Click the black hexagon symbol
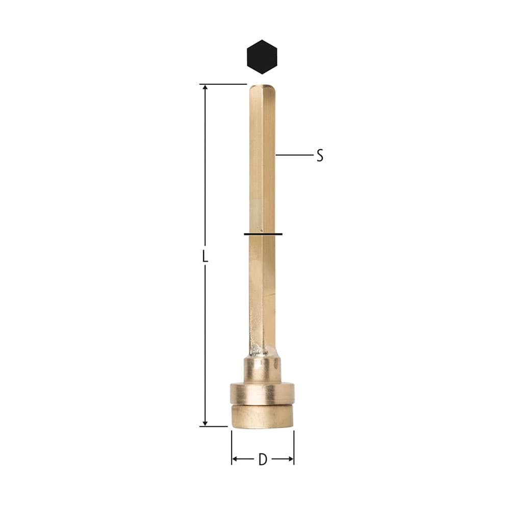point(262,57)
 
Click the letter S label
point(320,156)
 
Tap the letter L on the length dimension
point(205,256)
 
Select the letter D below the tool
point(263,460)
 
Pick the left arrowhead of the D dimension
point(235,460)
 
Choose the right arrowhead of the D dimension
point(291,460)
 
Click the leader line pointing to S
point(294,155)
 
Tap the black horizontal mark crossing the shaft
point(263,234)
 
